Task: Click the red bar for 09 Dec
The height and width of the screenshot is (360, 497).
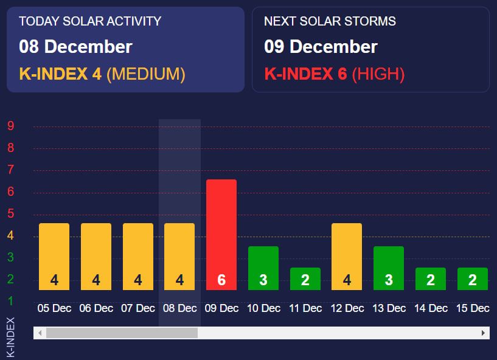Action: point(221,235)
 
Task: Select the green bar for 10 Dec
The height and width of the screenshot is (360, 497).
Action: point(263,268)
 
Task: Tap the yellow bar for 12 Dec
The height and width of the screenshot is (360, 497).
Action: point(347,257)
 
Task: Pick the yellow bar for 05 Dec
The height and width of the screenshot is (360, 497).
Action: point(54,257)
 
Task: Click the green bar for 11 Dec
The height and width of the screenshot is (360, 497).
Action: point(305,279)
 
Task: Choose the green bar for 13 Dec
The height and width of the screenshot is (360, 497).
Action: point(389,268)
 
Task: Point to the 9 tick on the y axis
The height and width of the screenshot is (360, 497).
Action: point(10,126)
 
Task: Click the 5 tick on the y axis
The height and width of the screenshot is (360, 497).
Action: point(10,213)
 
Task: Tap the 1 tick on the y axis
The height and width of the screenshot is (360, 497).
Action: point(10,301)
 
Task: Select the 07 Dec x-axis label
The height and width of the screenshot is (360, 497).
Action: point(138,308)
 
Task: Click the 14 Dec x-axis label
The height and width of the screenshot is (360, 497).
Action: point(431,308)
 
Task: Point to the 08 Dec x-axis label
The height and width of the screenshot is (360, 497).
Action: point(180,308)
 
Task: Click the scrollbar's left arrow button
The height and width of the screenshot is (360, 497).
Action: point(40,333)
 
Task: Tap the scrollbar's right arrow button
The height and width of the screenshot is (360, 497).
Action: point(484,333)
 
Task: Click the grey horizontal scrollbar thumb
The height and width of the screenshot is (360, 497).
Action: point(122,333)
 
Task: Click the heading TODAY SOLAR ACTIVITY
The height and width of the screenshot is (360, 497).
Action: point(90,21)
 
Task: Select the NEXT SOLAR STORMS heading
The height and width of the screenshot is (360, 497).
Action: point(330,21)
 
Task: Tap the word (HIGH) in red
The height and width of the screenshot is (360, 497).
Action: point(378,74)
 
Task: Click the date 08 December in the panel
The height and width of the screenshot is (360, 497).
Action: point(75,47)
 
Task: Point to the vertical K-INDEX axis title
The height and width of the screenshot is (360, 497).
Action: point(10,336)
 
